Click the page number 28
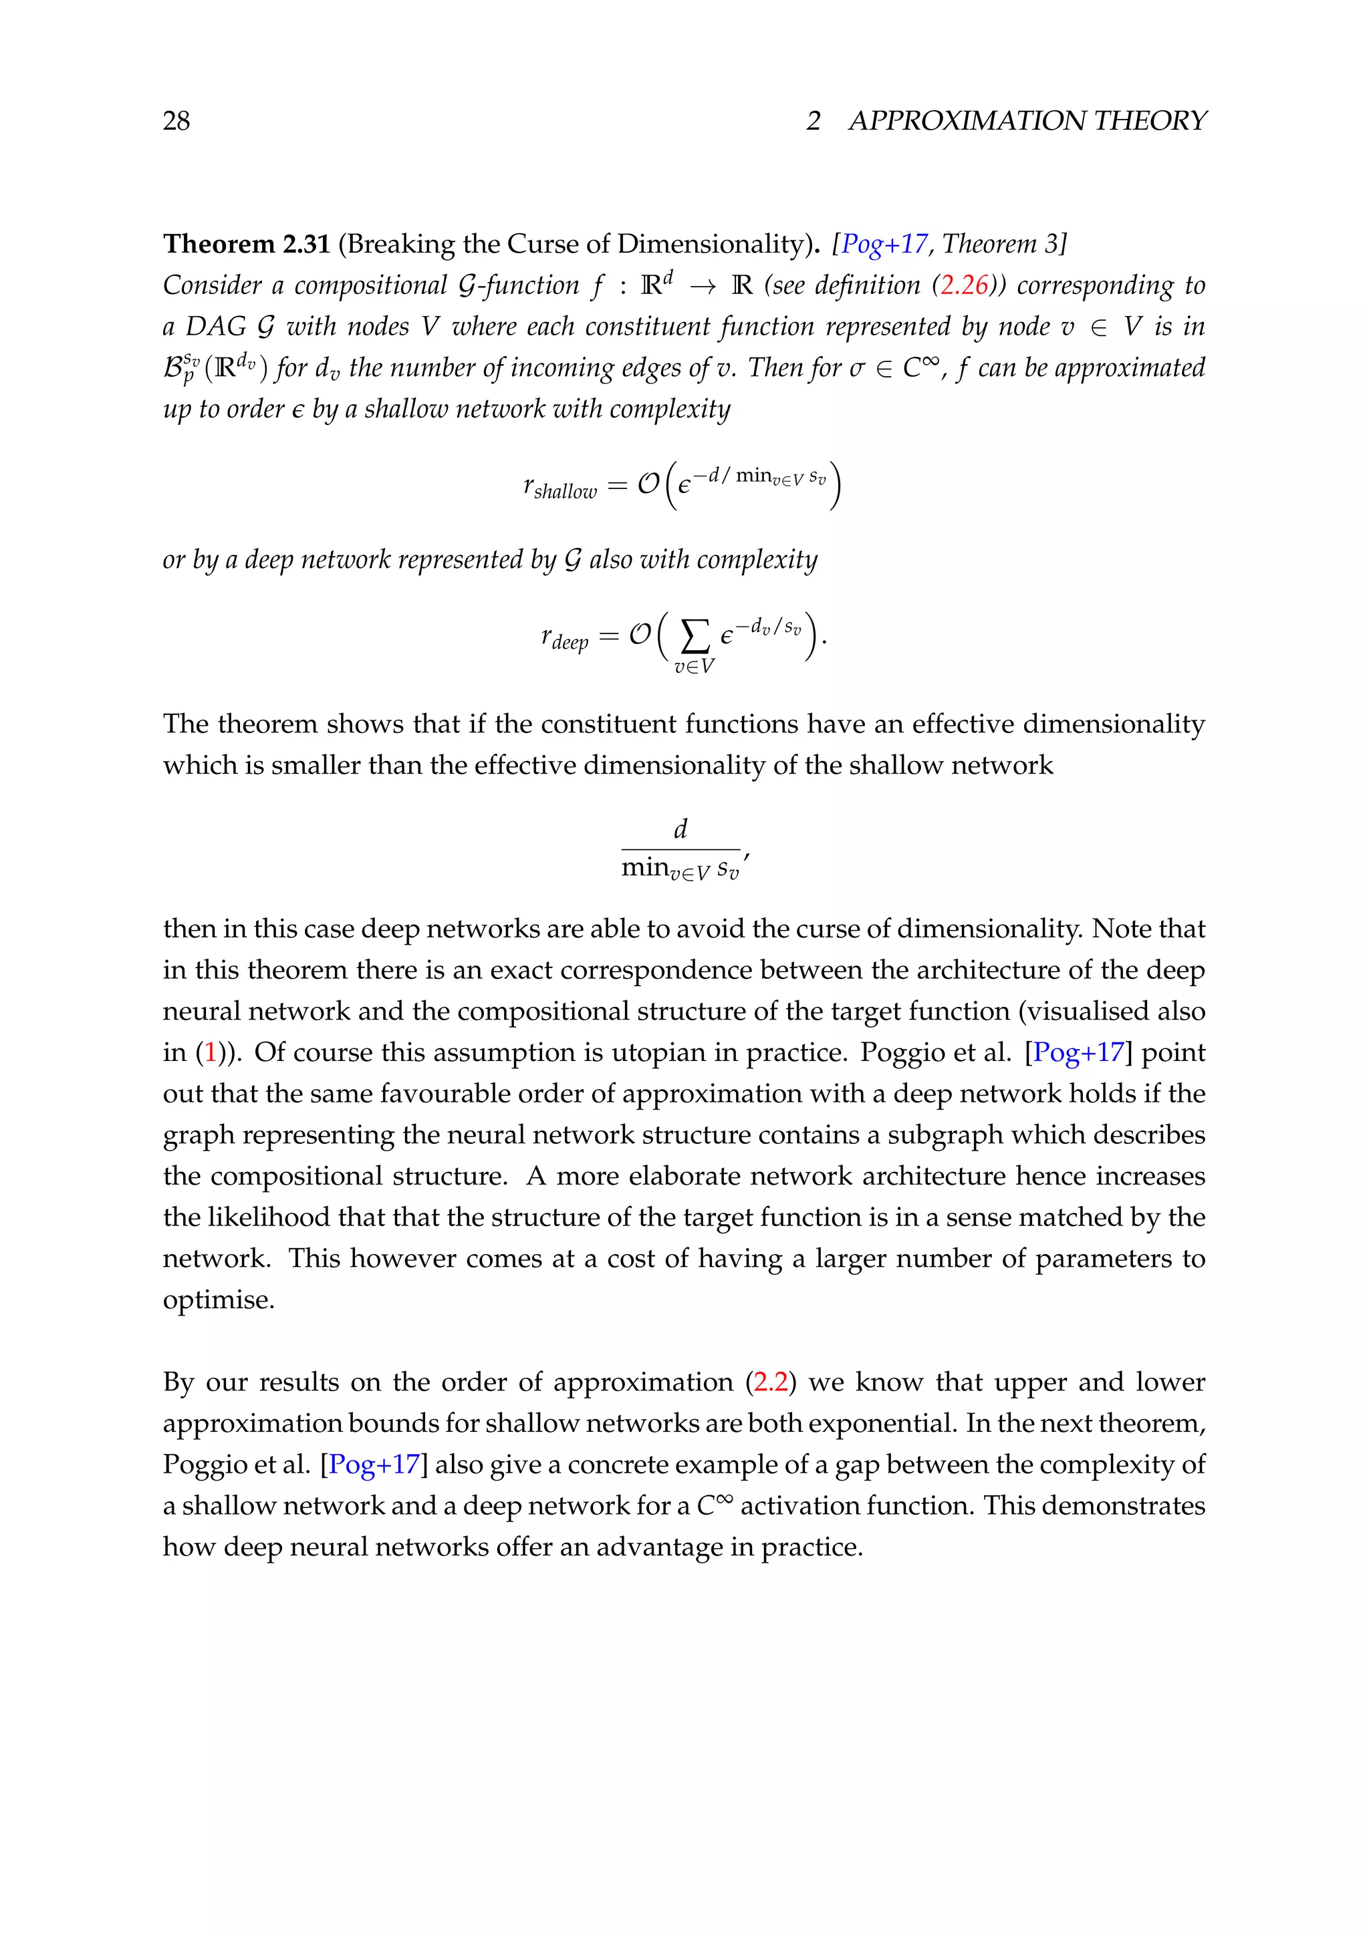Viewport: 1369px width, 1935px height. (176, 122)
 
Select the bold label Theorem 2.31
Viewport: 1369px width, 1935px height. (246, 245)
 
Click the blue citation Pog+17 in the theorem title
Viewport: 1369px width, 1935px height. (884, 245)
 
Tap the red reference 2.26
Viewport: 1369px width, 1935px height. (963, 286)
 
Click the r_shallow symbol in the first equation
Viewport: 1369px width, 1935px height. (559, 486)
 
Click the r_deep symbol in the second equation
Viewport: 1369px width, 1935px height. (564, 637)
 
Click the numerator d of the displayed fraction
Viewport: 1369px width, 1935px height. (680, 829)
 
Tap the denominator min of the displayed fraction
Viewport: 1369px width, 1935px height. (645, 867)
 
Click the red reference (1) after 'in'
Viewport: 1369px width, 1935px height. (211, 1052)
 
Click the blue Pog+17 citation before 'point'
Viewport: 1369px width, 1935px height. (1078, 1052)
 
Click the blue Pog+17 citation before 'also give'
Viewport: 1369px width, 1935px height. (374, 1465)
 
